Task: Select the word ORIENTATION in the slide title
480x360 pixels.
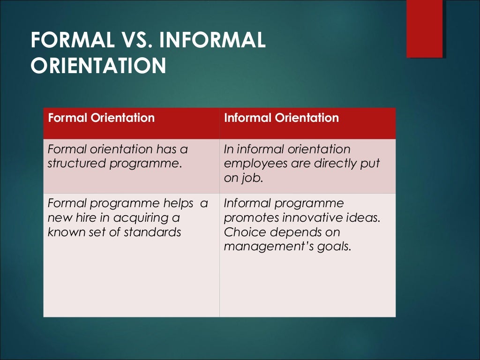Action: pyautogui.click(x=98, y=66)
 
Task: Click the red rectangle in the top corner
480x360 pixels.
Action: pyautogui.click(x=424, y=28)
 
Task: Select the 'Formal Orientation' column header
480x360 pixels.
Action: pyautogui.click(x=101, y=118)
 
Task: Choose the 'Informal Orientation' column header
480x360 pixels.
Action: pyautogui.click(x=281, y=118)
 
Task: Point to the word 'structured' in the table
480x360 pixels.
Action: pyautogui.click(x=75, y=164)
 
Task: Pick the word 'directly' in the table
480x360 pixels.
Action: pyautogui.click(x=332, y=164)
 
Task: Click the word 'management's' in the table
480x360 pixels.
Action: pyautogui.click(x=267, y=246)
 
